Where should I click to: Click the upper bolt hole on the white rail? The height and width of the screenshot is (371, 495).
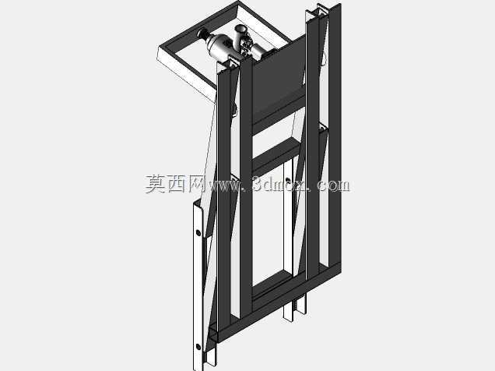[x=198, y=233]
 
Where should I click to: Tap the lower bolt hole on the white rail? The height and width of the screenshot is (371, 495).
[x=198, y=347]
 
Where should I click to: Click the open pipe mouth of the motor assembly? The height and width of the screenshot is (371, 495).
[x=240, y=29]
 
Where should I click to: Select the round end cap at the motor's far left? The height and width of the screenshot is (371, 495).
[x=201, y=33]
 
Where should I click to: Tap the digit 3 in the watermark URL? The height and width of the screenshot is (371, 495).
[x=258, y=184]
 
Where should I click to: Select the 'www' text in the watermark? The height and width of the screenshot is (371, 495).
[x=223, y=185]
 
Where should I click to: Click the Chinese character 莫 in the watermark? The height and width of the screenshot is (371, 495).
[x=156, y=184]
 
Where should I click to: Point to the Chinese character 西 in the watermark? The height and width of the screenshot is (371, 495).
[x=177, y=184]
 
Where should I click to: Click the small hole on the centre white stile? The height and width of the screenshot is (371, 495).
[x=288, y=181]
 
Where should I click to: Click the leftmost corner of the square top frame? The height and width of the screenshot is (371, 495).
[x=159, y=48]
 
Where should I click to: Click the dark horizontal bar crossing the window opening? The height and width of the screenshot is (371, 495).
[x=276, y=156]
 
